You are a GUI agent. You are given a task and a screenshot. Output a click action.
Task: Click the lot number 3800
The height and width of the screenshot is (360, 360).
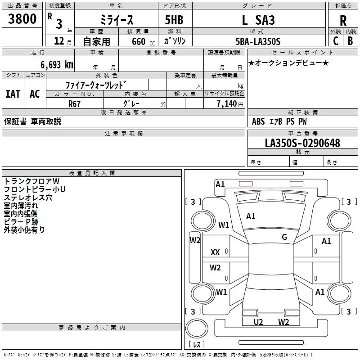click(22, 19)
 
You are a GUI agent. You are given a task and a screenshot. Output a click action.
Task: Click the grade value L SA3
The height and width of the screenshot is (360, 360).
click(258, 20)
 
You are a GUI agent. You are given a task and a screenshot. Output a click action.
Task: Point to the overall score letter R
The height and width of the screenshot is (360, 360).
click(343, 21)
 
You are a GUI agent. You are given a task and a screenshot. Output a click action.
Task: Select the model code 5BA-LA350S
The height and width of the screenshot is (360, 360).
click(258, 41)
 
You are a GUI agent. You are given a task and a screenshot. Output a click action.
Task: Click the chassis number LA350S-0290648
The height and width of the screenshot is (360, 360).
click(302, 143)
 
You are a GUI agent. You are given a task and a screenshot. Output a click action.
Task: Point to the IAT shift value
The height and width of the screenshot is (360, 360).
click(13, 94)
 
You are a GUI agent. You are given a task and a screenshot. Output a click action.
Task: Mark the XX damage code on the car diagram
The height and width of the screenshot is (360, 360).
click(215, 253)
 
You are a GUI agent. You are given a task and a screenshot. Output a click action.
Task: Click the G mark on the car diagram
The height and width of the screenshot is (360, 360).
click(284, 237)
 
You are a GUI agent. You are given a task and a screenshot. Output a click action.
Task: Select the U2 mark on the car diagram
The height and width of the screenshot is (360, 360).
click(258, 322)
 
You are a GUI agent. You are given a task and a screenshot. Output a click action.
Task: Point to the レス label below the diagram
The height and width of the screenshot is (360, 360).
click(197, 344)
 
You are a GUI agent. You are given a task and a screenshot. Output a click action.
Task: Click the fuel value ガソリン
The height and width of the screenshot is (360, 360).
click(175, 41)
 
